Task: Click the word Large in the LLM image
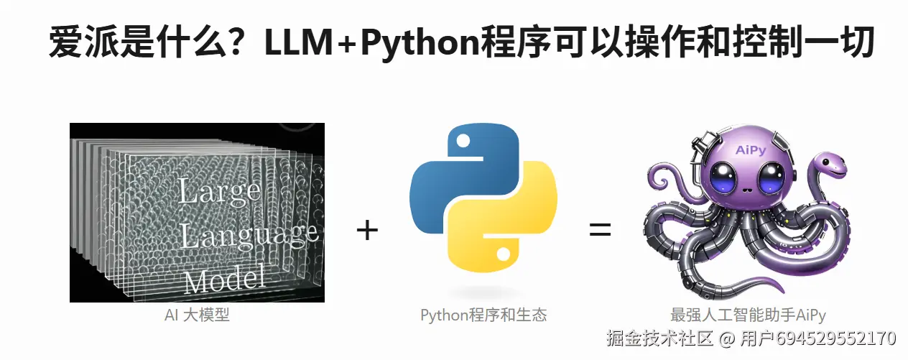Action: click(219, 192)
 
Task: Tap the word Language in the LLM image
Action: click(249, 234)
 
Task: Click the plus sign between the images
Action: click(367, 231)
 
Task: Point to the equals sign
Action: click(600, 231)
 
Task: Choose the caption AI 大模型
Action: click(197, 315)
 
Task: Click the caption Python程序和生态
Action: click(483, 315)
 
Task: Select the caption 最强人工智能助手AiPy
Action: click(748, 315)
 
